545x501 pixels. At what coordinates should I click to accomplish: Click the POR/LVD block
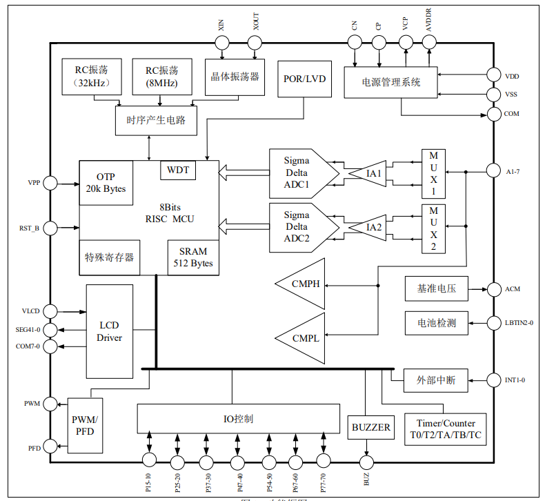pyautogui.click(x=304, y=78)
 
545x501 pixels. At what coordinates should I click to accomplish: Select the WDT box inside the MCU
pyautogui.click(x=177, y=170)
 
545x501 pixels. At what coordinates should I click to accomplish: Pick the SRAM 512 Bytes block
pyautogui.click(x=193, y=257)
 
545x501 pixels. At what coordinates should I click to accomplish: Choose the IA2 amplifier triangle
pyautogui.click(x=370, y=227)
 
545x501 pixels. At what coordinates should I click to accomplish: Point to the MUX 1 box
pyautogui.click(x=433, y=173)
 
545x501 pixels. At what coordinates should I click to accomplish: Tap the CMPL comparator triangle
pyautogui.click(x=304, y=337)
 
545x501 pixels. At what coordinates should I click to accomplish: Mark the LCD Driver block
pyautogui.click(x=110, y=331)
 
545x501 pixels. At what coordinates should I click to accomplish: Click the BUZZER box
pyautogui.click(x=371, y=427)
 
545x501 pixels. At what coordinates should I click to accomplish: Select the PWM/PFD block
pyautogui.click(x=84, y=425)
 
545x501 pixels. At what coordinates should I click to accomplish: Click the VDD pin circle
pyautogui.click(x=493, y=76)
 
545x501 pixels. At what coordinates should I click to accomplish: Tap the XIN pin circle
pyautogui.click(x=222, y=43)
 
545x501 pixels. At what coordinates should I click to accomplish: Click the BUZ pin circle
pyautogui.click(x=365, y=462)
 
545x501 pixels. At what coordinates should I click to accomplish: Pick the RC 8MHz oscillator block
pyautogui.click(x=161, y=76)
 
